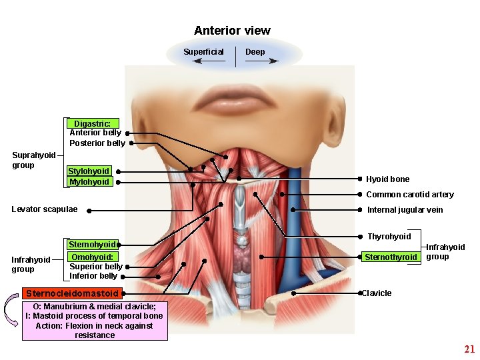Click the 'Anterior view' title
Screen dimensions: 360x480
pyautogui.click(x=232, y=31)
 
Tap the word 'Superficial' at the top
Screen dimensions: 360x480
pyautogui.click(x=203, y=52)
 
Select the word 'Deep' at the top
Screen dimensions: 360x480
pyautogui.click(x=255, y=52)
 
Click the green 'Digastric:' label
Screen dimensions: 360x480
pyautogui.click(x=93, y=123)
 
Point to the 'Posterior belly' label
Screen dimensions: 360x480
pyautogui.click(x=97, y=143)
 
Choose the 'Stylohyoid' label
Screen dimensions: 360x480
pyautogui.click(x=89, y=171)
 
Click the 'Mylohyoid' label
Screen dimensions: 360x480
pyautogui.click(x=89, y=182)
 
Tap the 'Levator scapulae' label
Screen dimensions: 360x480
pyautogui.click(x=45, y=209)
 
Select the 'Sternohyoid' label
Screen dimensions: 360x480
pyautogui.click(x=93, y=245)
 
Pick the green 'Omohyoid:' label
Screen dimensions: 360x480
pyautogui.click(x=93, y=257)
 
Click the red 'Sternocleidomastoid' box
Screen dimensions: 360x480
pyautogui.click(x=72, y=293)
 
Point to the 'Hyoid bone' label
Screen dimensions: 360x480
pyautogui.click(x=388, y=179)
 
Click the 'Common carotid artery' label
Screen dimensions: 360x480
pyautogui.click(x=410, y=195)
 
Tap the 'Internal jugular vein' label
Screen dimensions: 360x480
pyautogui.click(x=405, y=210)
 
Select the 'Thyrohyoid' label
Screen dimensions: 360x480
pyautogui.click(x=389, y=237)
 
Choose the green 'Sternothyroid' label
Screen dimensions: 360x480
pyautogui.click(x=391, y=257)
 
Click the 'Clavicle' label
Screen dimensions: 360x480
pyautogui.click(x=377, y=293)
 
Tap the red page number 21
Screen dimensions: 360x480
pyautogui.click(x=469, y=349)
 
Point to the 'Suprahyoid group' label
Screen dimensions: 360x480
pyautogui.click(x=34, y=160)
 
